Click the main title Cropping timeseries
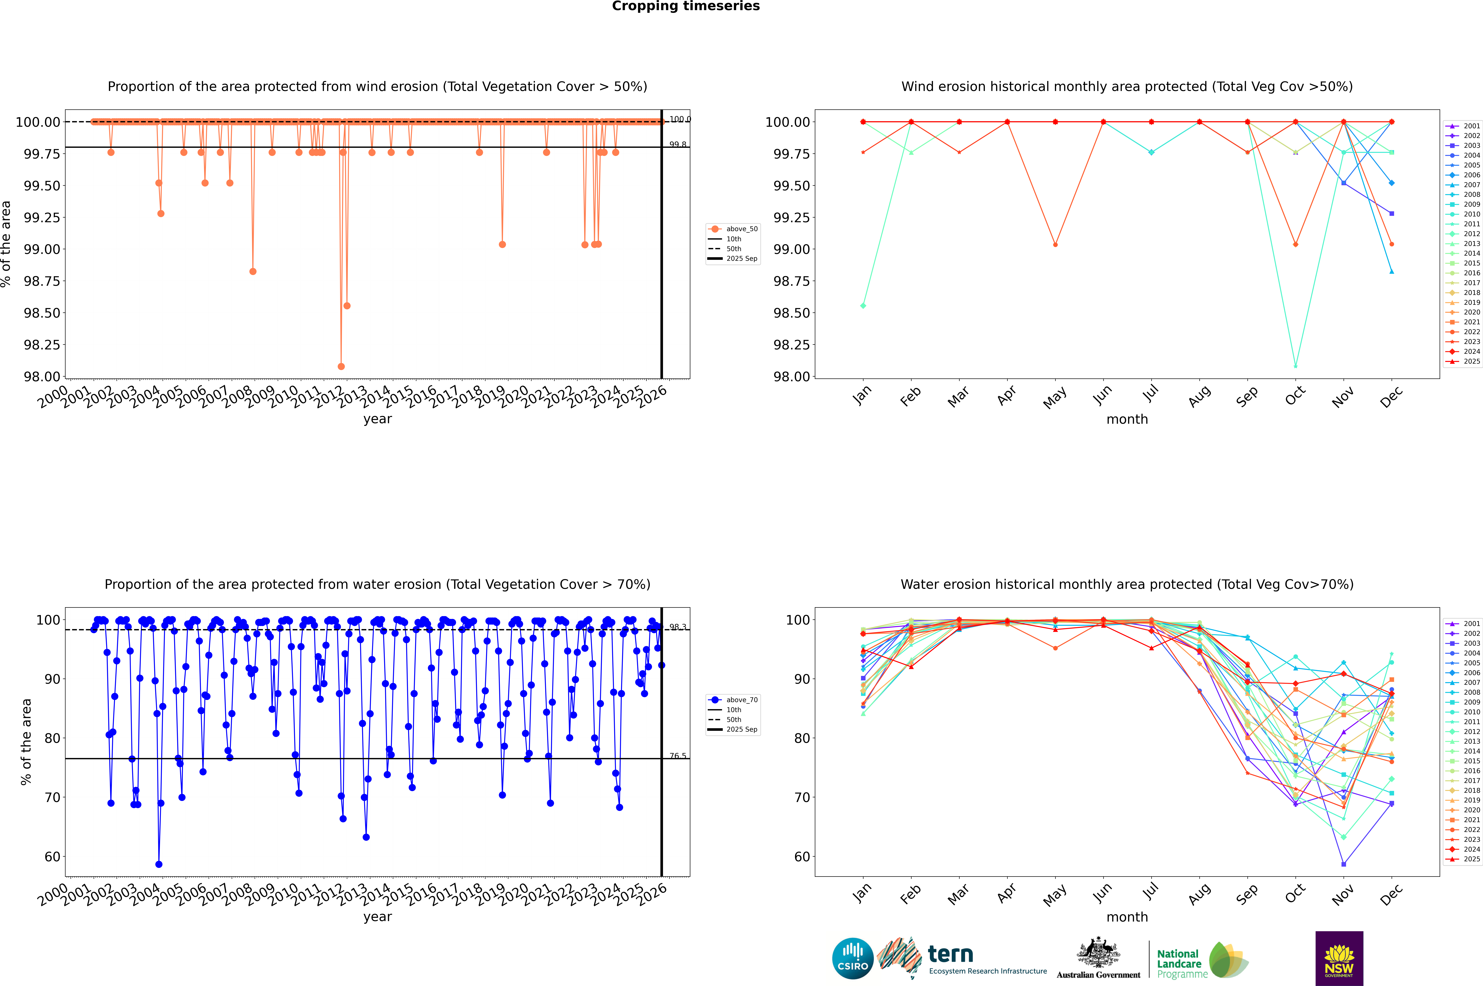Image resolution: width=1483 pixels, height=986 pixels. (686, 6)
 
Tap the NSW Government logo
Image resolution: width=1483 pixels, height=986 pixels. (1339, 958)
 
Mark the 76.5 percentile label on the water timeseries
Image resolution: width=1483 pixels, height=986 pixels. (678, 756)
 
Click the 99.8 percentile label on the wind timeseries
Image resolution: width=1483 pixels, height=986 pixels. (678, 145)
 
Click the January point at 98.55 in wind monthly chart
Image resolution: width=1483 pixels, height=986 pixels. (863, 306)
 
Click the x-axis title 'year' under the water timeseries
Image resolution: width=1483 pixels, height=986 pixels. (377, 917)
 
